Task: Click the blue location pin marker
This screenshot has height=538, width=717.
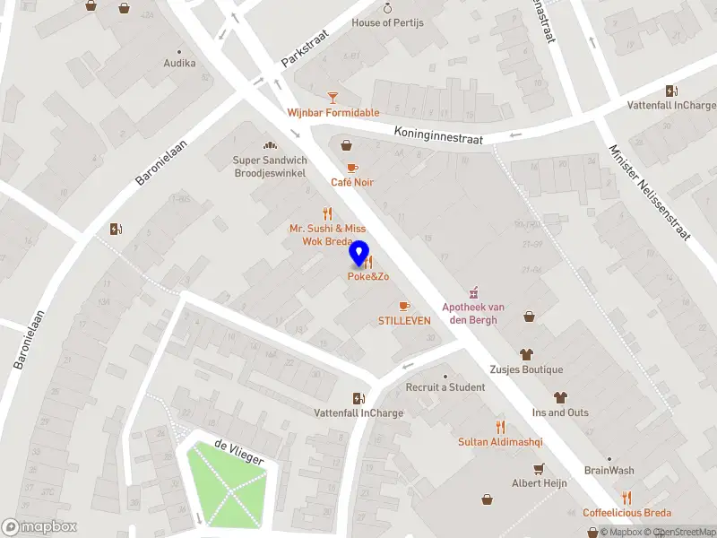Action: click(359, 254)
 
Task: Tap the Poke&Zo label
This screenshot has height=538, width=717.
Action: click(368, 277)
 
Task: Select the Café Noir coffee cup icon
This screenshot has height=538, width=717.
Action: click(352, 168)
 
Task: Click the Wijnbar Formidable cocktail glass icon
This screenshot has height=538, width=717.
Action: click(333, 97)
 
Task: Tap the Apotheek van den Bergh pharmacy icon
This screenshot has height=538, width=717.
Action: click(472, 292)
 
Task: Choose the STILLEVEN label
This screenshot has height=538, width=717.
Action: click(404, 320)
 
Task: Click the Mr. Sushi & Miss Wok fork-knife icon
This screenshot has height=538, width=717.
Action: click(327, 214)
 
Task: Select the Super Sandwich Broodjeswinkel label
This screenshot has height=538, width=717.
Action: click(270, 167)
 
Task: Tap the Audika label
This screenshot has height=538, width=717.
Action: click(179, 64)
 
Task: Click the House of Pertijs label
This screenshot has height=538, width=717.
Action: click(387, 22)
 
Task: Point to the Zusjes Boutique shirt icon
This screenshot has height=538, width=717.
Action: click(526, 354)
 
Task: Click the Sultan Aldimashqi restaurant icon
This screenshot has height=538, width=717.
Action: click(500, 427)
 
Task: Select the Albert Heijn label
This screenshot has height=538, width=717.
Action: click(539, 482)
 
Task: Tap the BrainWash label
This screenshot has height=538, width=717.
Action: click(609, 471)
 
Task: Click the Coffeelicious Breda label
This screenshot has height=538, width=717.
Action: click(626, 513)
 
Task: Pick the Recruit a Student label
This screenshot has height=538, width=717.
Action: click(445, 387)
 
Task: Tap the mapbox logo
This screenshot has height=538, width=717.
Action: click(39, 527)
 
